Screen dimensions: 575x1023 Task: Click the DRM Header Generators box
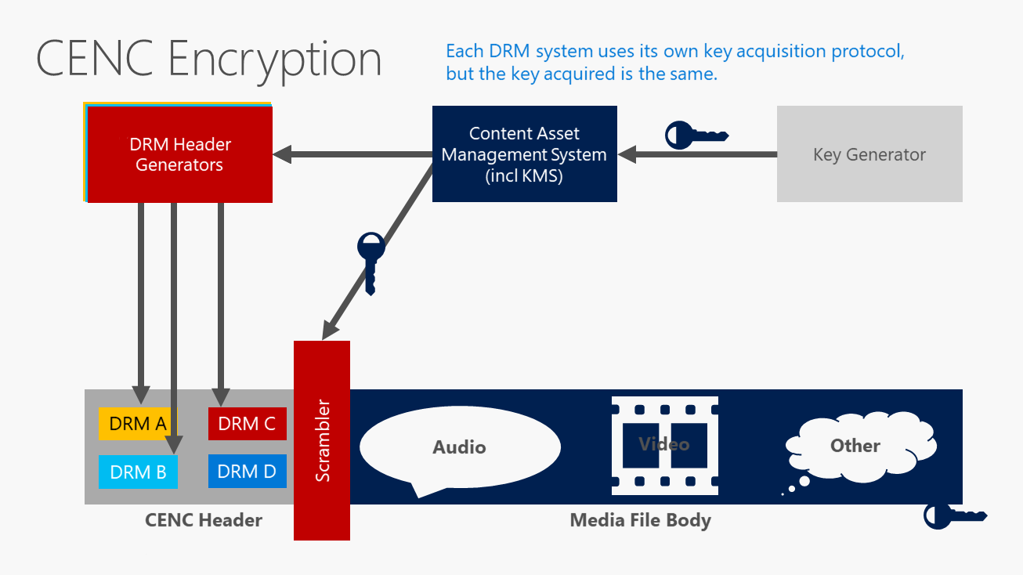179,154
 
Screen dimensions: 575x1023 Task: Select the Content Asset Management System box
524,154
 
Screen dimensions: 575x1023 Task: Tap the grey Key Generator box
869,154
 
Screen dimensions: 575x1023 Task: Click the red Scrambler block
322,440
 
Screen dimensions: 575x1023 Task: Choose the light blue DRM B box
138,472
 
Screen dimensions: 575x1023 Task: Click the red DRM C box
247,424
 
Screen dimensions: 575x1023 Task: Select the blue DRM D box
247,472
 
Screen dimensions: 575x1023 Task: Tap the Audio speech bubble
460,447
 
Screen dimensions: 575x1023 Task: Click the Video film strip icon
664,445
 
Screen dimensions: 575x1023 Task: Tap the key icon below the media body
955,516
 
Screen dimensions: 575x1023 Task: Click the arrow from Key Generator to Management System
697,154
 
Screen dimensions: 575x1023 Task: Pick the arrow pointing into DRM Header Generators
352,154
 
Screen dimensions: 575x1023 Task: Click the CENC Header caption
204,520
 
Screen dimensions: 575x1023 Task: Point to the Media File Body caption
640,520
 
